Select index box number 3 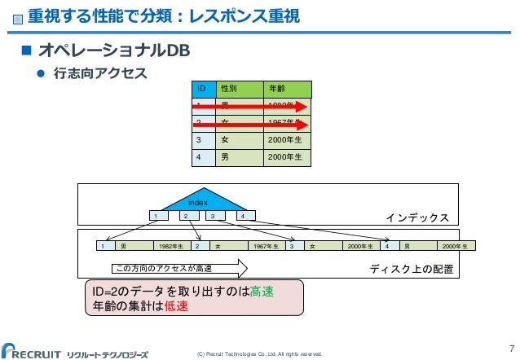[x=213, y=216]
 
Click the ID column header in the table [x=201, y=89]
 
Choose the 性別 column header [x=239, y=89]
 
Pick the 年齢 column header [x=287, y=89]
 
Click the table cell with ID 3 [x=201, y=138]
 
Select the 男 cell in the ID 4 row [x=239, y=156]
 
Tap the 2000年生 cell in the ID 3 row [x=287, y=138]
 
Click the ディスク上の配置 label [x=409, y=268]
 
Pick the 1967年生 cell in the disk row [x=266, y=245]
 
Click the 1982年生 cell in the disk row [x=172, y=245]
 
